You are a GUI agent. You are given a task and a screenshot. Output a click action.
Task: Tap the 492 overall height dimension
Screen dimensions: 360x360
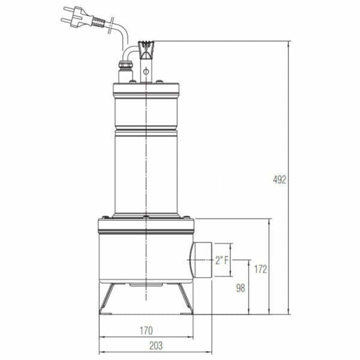[280, 179]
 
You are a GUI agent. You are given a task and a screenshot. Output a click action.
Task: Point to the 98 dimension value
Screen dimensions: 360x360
[240, 288]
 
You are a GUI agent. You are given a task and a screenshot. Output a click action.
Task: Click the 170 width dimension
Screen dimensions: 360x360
[146, 330]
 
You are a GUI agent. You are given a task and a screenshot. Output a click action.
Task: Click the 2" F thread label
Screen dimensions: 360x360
[222, 260]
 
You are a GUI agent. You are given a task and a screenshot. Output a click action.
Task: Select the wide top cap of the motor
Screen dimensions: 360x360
[146, 91]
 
